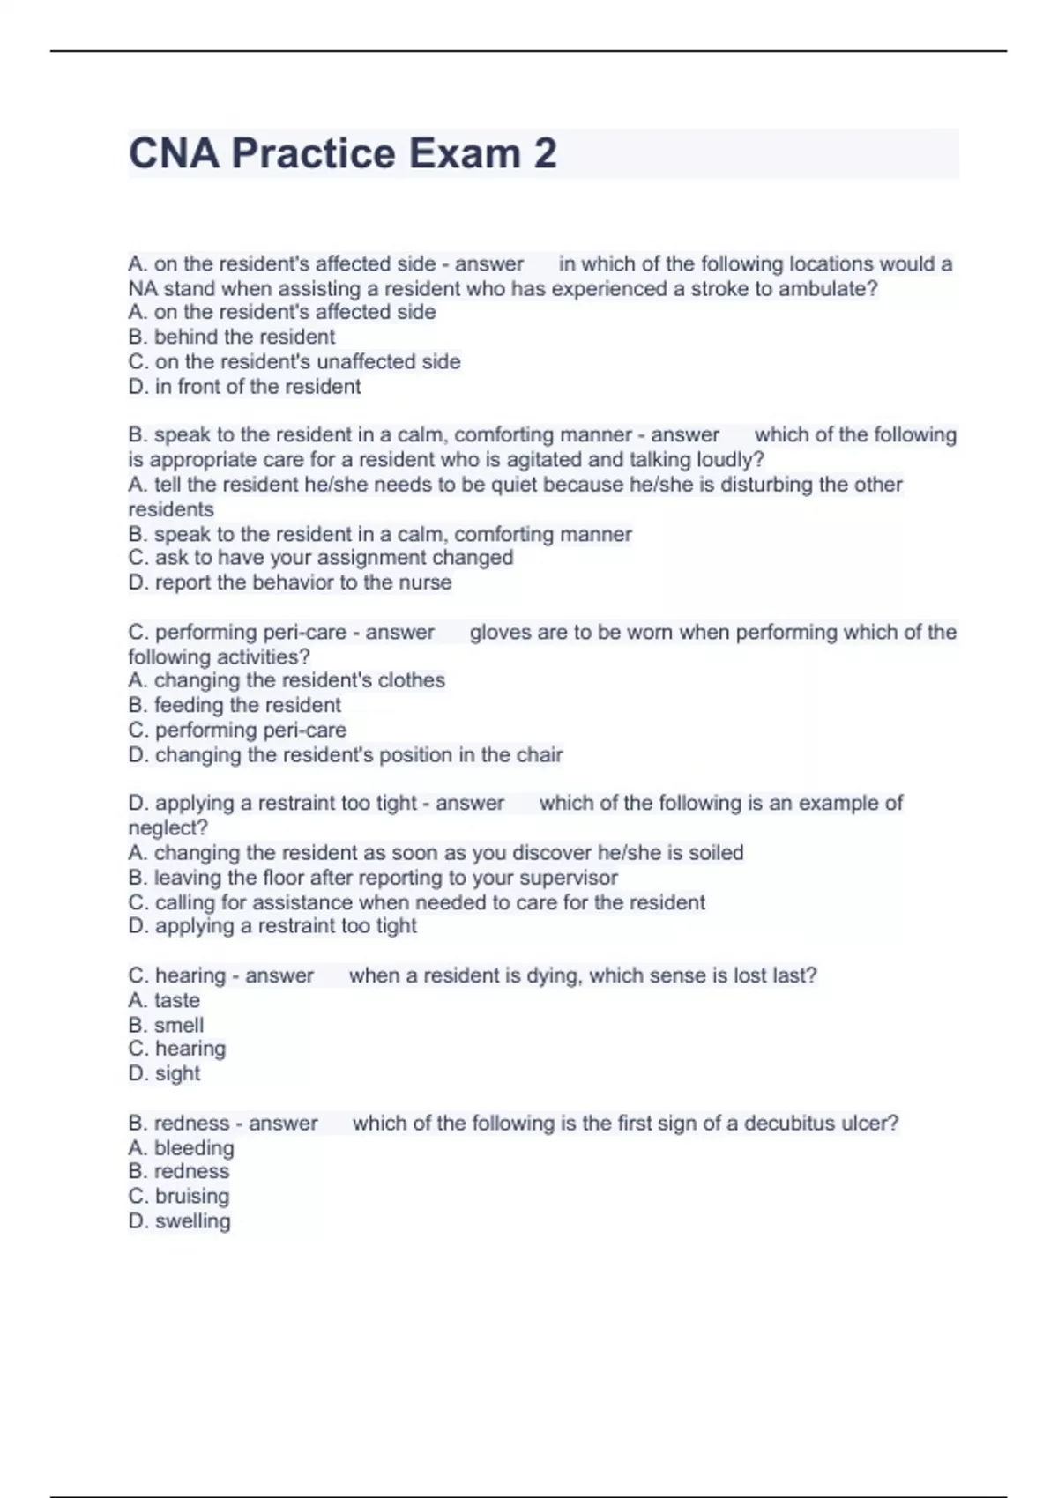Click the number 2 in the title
tap(544, 153)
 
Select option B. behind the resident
tap(232, 337)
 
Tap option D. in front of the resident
tap(244, 386)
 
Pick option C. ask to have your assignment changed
tap(321, 557)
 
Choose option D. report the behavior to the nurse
tap(290, 582)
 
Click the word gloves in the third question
tap(498, 632)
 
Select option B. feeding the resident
tap(235, 705)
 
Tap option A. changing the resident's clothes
tap(287, 680)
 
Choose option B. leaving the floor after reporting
tap(373, 877)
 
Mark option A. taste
tap(164, 1000)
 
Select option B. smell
tap(166, 1025)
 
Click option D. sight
tap(165, 1073)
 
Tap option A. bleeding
tap(182, 1147)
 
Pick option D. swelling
tap(180, 1220)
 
